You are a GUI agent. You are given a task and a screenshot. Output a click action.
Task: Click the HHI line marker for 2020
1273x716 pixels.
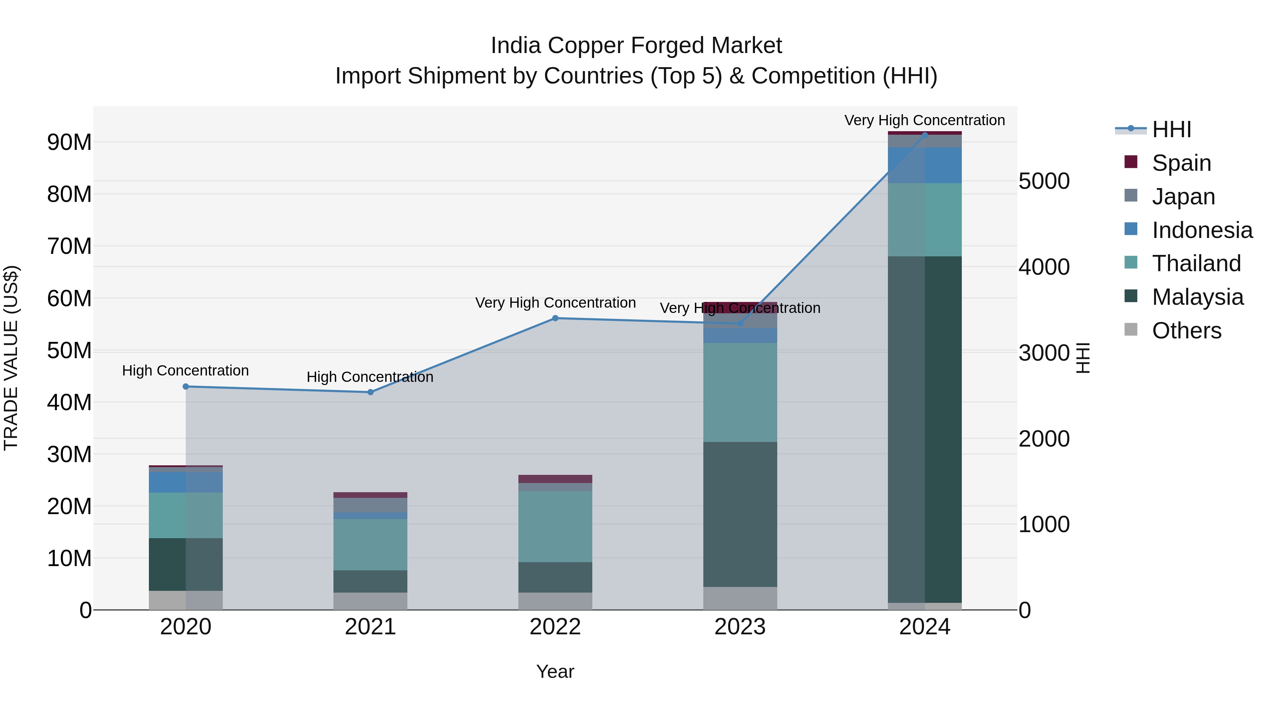(186, 386)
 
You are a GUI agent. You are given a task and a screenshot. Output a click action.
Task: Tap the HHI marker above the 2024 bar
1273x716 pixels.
(925, 134)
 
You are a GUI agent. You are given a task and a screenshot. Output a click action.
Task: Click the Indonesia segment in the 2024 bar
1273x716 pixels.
(925, 165)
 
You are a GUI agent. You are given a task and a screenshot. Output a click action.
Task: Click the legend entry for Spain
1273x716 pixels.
(1181, 163)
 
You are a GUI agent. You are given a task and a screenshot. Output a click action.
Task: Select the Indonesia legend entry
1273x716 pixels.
(1202, 230)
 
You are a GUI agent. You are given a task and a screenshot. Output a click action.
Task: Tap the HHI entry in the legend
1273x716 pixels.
(1171, 129)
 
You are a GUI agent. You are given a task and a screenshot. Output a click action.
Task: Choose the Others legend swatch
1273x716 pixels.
(1131, 330)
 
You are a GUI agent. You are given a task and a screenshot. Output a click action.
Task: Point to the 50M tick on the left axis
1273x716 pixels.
(69, 350)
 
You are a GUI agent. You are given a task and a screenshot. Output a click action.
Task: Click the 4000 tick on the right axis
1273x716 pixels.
(1044, 267)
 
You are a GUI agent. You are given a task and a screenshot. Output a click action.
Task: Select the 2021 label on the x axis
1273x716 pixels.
(370, 627)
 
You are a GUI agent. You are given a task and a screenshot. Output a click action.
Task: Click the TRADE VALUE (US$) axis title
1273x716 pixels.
(11, 358)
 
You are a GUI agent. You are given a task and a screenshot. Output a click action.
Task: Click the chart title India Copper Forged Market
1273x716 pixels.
(636, 46)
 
